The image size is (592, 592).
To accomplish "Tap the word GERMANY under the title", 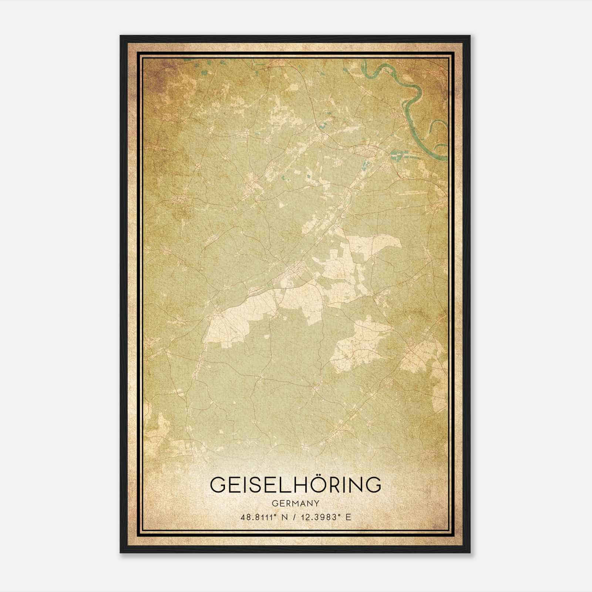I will tap(296, 503).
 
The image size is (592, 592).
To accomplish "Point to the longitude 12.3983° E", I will tap(324, 517).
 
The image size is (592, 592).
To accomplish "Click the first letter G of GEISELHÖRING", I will tap(219, 485).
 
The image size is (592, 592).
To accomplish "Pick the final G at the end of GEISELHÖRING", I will tap(373, 485).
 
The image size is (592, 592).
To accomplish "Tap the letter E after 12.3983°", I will tap(347, 517).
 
